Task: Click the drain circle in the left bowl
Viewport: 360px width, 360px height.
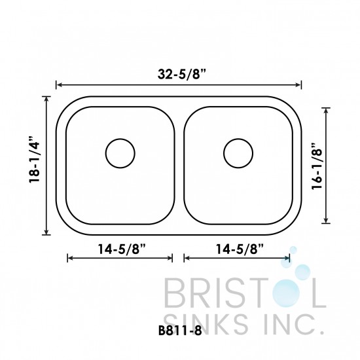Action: [119, 153]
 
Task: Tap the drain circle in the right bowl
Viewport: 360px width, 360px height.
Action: [237, 153]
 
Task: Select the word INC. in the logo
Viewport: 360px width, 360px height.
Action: [288, 323]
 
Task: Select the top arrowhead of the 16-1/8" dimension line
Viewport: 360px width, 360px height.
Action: [328, 109]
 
